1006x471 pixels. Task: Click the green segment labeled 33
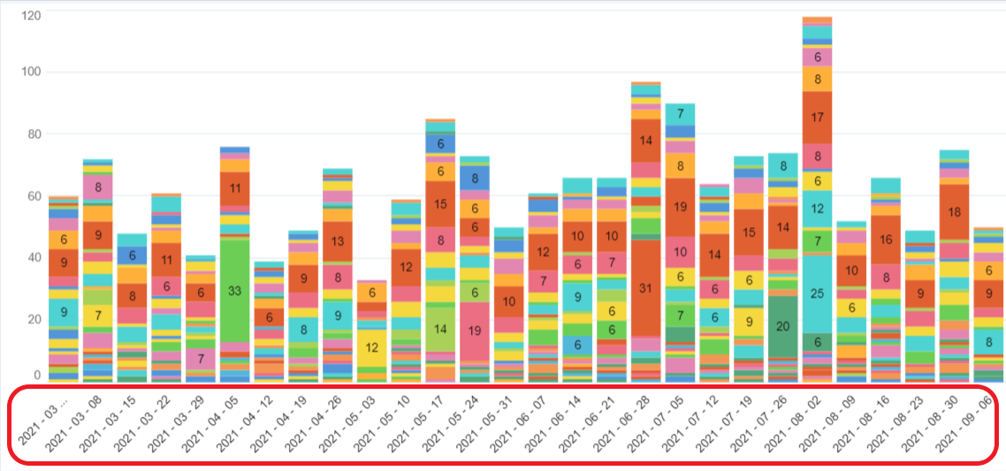point(234,291)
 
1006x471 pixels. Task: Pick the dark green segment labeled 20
point(783,326)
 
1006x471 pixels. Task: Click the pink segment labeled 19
point(475,331)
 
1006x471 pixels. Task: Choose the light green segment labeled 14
point(440,328)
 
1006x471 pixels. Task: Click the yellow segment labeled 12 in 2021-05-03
point(372,347)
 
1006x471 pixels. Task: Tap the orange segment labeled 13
point(338,241)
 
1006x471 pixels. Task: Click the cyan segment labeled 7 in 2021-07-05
point(681,114)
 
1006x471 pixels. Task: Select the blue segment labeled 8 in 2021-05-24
point(475,178)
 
